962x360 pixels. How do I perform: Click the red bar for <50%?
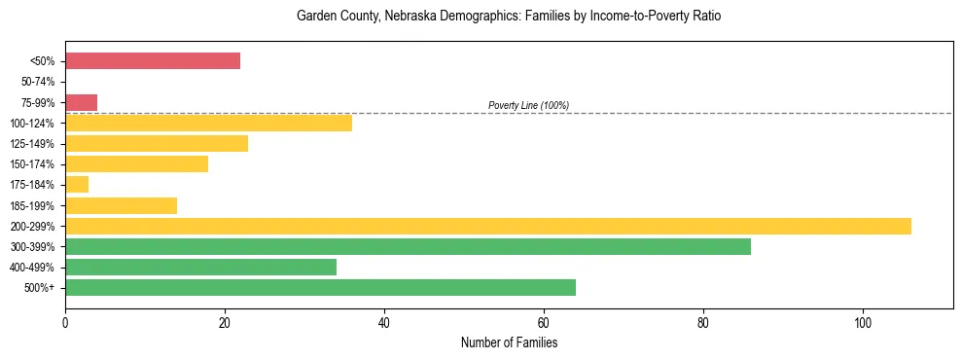[153, 61]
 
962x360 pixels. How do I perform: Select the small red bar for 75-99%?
[81, 102]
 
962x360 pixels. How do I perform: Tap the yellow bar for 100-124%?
[208, 123]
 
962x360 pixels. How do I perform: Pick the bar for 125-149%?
[157, 144]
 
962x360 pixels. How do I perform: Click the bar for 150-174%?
[136, 164]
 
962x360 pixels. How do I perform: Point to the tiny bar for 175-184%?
[77, 185]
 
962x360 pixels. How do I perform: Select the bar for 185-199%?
[121, 205]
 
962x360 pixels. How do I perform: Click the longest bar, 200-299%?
[487, 226]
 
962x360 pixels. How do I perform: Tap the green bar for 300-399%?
[408, 246]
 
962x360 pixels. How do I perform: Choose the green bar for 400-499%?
[200, 267]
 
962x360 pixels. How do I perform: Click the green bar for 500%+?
[320, 287]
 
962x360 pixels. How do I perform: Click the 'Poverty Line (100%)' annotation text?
[528, 105]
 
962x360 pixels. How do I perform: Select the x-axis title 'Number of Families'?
[509, 342]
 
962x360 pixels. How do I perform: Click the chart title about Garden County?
[509, 17]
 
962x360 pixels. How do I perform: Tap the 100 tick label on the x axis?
[863, 322]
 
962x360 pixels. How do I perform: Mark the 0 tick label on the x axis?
[65, 322]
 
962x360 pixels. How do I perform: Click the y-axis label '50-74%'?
[40, 82]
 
